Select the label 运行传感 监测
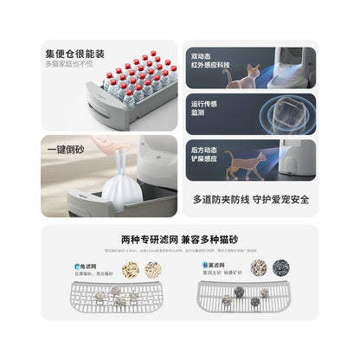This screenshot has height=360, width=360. pyautogui.click(x=205, y=108)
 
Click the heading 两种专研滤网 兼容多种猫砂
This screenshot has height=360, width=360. pyautogui.click(x=180, y=239)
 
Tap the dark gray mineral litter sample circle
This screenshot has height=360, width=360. pyautogui.click(x=280, y=268)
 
